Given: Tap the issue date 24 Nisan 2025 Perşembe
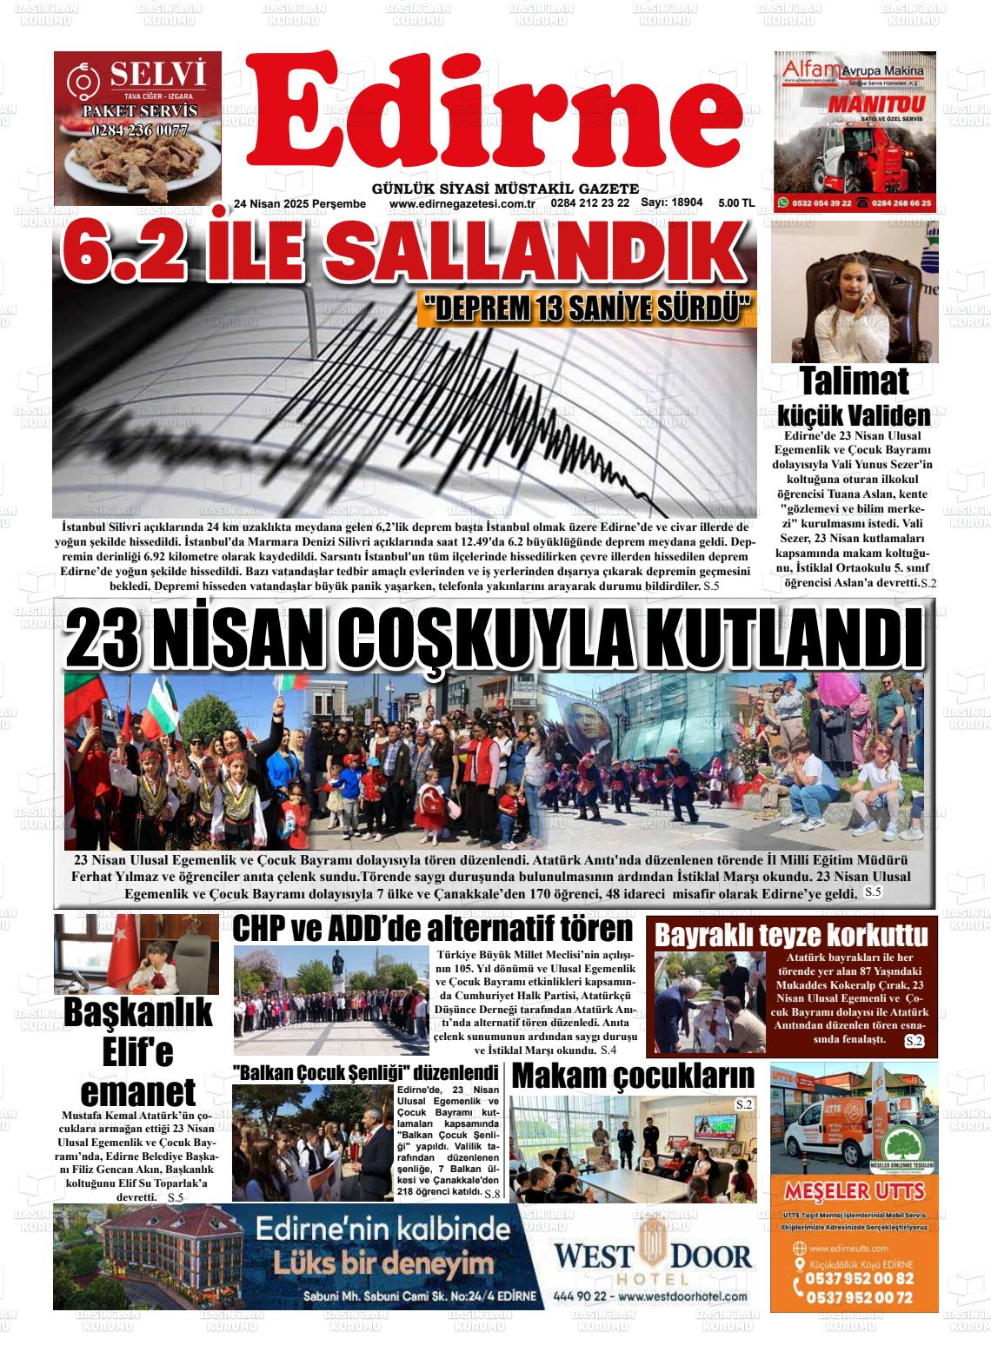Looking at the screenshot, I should coord(300,203).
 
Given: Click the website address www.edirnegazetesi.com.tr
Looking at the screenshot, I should coord(461,203).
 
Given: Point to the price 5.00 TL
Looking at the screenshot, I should coord(735,203).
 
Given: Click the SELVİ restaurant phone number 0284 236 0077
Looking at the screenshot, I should coord(138,130).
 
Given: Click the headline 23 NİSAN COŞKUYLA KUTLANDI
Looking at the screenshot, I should coord(494,639).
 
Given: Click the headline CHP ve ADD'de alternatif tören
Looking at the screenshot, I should coord(432,929).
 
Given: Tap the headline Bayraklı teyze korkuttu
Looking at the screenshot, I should coord(792,935).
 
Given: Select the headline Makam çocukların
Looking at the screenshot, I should coord(634,1076).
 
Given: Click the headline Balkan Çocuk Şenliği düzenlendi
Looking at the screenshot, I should coord(365,1072).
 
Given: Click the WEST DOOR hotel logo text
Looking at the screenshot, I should coord(653,1256).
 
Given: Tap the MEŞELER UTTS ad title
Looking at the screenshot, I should coord(855,1189).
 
